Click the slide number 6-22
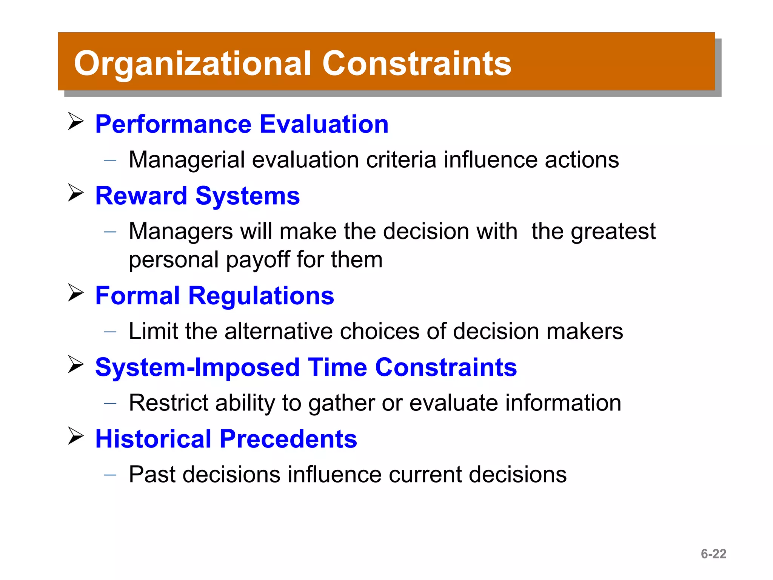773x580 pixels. (x=713, y=554)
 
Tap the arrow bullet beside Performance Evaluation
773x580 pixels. (x=75, y=122)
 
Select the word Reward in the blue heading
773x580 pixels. (x=141, y=196)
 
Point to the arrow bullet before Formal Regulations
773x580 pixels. (x=75, y=293)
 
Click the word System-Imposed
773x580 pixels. (x=197, y=367)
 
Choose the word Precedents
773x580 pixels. (x=288, y=439)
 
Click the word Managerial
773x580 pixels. (x=186, y=160)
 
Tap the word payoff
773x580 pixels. (x=257, y=260)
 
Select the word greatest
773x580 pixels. (x=613, y=231)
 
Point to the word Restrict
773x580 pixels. (x=168, y=403)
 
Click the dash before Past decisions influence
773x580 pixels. (x=110, y=475)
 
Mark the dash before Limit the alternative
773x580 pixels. (x=110, y=332)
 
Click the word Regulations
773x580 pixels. (x=261, y=296)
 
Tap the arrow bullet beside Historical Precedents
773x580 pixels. (x=75, y=436)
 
